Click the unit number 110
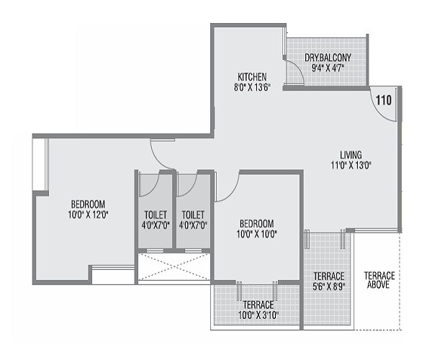[x=384, y=100]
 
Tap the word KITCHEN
[x=253, y=76]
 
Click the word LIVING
[x=351, y=154]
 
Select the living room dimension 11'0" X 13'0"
[x=351, y=165]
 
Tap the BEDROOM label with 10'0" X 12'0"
[x=88, y=203]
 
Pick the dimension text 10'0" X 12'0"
[x=88, y=215]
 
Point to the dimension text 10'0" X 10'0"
[x=256, y=233]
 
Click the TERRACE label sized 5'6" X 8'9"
[x=328, y=276]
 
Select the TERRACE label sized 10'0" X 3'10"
[x=257, y=305]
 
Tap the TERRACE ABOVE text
[x=379, y=281]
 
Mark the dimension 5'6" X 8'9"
[x=328, y=286]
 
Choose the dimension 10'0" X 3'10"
[x=257, y=315]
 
